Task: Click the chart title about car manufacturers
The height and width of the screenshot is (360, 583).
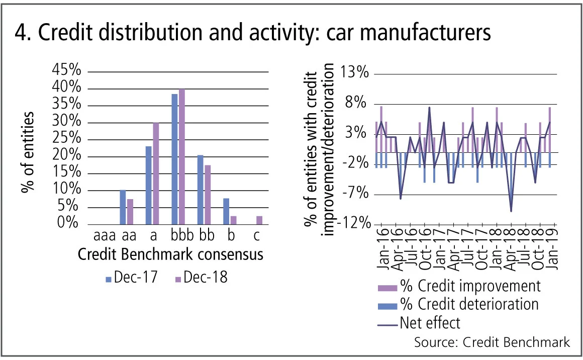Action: tap(252, 33)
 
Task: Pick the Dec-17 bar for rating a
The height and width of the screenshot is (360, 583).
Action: tap(148, 186)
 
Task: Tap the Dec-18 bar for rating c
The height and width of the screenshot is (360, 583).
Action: tap(259, 220)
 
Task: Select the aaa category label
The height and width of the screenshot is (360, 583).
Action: tap(105, 235)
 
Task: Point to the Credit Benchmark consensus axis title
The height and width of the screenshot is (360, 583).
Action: tap(171, 254)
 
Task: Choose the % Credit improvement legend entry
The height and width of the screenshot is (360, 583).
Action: tap(459, 286)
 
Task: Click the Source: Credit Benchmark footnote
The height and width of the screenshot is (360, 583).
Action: tap(492, 342)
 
